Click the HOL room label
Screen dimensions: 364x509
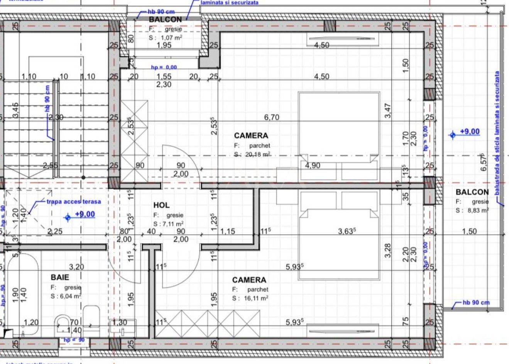[x=161, y=205]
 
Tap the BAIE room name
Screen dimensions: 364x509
[x=60, y=277]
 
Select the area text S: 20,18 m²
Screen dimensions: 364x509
[x=252, y=154]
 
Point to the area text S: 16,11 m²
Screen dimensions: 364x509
[x=250, y=298]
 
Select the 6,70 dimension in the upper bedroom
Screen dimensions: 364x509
[x=272, y=117]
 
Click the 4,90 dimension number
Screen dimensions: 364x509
[x=312, y=166]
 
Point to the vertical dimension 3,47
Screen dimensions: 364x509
[x=388, y=110]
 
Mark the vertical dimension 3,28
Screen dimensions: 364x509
[x=388, y=251]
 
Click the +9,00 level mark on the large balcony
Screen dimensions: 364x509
[x=470, y=132]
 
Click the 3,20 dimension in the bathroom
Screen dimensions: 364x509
[x=76, y=266]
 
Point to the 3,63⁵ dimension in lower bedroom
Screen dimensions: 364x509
[x=347, y=231]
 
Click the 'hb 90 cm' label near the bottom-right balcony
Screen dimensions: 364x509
[x=476, y=302]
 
